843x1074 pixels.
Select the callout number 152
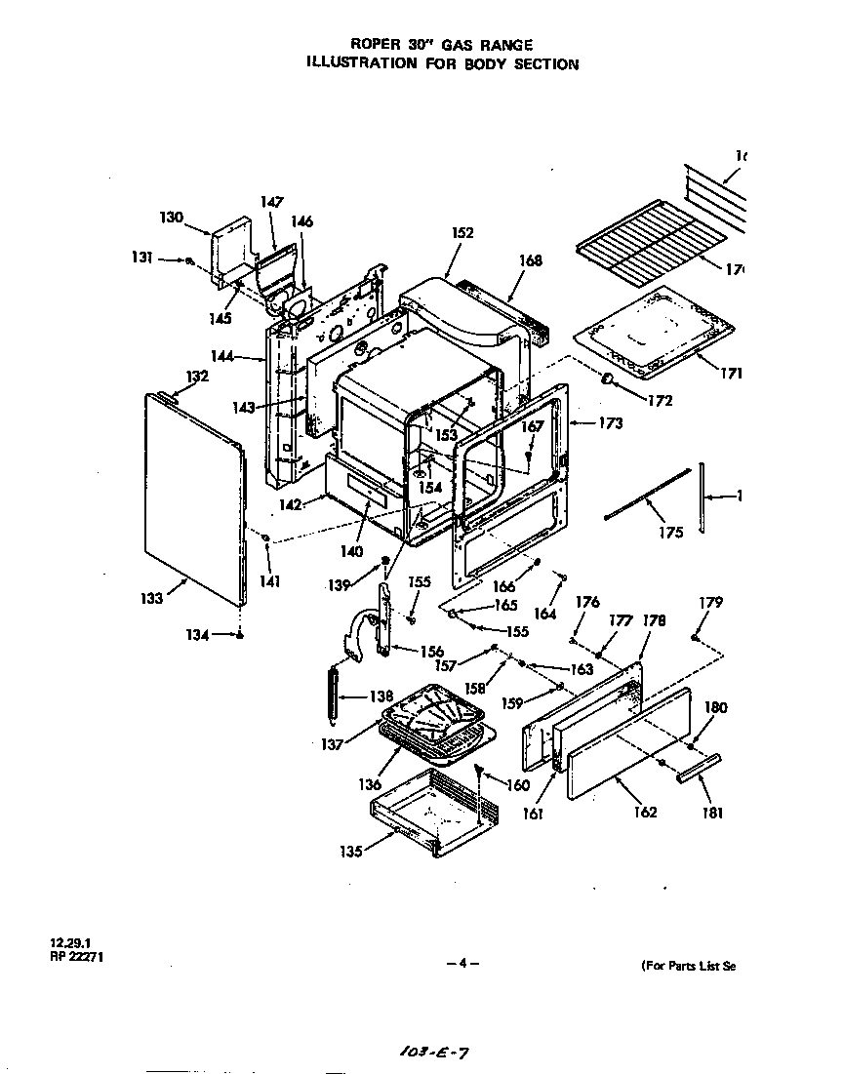462,233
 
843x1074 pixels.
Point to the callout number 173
610,424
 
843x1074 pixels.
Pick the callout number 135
350,851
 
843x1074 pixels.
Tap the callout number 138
381,696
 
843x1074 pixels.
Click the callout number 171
733,374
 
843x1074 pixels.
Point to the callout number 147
271,202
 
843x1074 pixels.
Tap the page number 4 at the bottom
462,964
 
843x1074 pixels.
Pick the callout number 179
711,603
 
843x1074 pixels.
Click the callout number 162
645,812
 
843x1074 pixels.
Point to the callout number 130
172,218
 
